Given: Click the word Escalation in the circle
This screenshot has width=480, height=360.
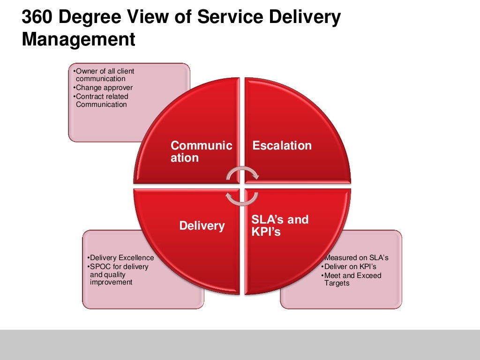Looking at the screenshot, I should [x=282, y=145].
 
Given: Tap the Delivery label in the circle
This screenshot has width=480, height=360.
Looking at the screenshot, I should [x=202, y=226].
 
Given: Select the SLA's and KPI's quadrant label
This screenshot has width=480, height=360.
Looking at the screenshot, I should [x=280, y=225].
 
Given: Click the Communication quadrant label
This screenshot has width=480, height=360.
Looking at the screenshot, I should [x=201, y=151].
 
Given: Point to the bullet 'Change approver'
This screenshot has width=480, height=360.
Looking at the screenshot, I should [x=104, y=88].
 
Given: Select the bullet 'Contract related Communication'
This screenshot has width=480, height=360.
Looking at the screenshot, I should [x=101, y=100].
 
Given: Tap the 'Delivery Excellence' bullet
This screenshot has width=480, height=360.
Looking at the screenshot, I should [x=120, y=258].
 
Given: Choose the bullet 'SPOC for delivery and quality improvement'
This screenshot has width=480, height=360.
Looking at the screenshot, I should [x=118, y=274].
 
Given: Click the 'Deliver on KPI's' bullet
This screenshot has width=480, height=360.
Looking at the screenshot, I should [x=344, y=267].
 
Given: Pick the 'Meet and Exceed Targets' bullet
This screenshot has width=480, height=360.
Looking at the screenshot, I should [x=352, y=279].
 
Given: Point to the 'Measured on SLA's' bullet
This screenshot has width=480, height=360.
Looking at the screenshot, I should [x=355, y=258].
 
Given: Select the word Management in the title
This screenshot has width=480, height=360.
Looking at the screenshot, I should [x=78, y=39].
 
